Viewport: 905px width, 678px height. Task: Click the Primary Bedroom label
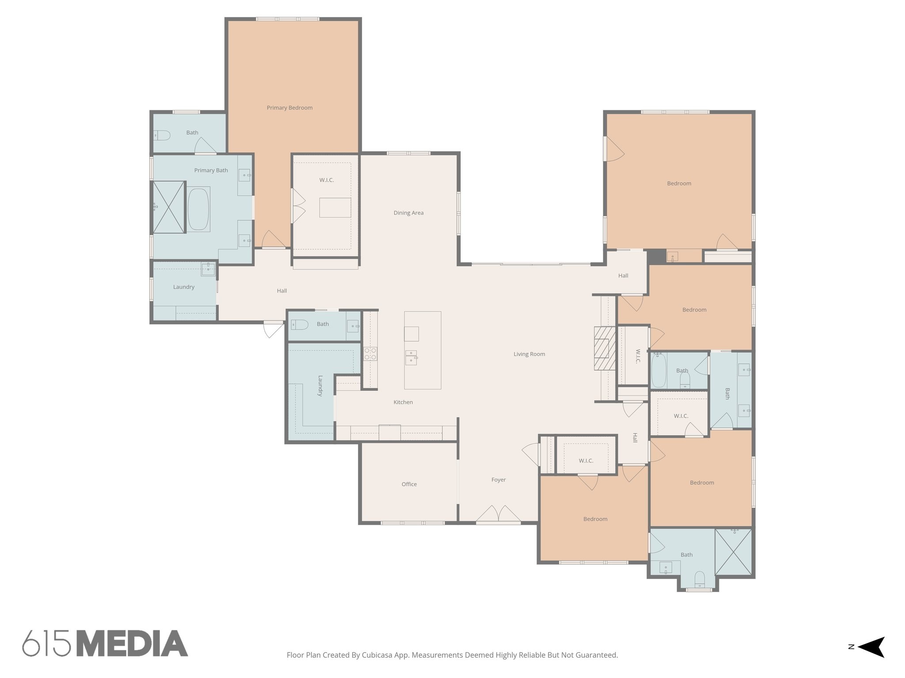[x=289, y=108]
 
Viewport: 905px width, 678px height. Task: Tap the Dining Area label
[x=408, y=213]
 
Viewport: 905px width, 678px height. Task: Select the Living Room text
[x=529, y=354]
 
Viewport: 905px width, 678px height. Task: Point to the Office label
[x=409, y=484]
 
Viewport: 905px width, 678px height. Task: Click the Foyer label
[x=498, y=480]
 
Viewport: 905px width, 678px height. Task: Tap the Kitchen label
[x=403, y=402]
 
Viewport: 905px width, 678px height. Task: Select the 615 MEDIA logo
[x=105, y=644]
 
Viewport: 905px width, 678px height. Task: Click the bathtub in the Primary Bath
[x=198, y=209]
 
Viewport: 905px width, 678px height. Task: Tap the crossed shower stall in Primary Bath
[x=168, y=207]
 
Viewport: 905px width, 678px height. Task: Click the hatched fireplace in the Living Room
[x=604, y=348]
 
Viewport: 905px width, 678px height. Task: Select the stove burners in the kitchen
[x=370, y=354]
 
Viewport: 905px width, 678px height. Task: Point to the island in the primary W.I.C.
[x=335, y=207]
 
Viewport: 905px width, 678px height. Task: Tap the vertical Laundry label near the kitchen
[x=320, y=386]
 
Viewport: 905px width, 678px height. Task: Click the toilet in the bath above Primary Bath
[x=162, y=135]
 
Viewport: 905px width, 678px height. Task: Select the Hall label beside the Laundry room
[x=281, y=290]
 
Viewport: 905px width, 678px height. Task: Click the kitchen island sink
[x=411, y=357]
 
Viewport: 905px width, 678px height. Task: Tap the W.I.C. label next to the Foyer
[x=586, y=461]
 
